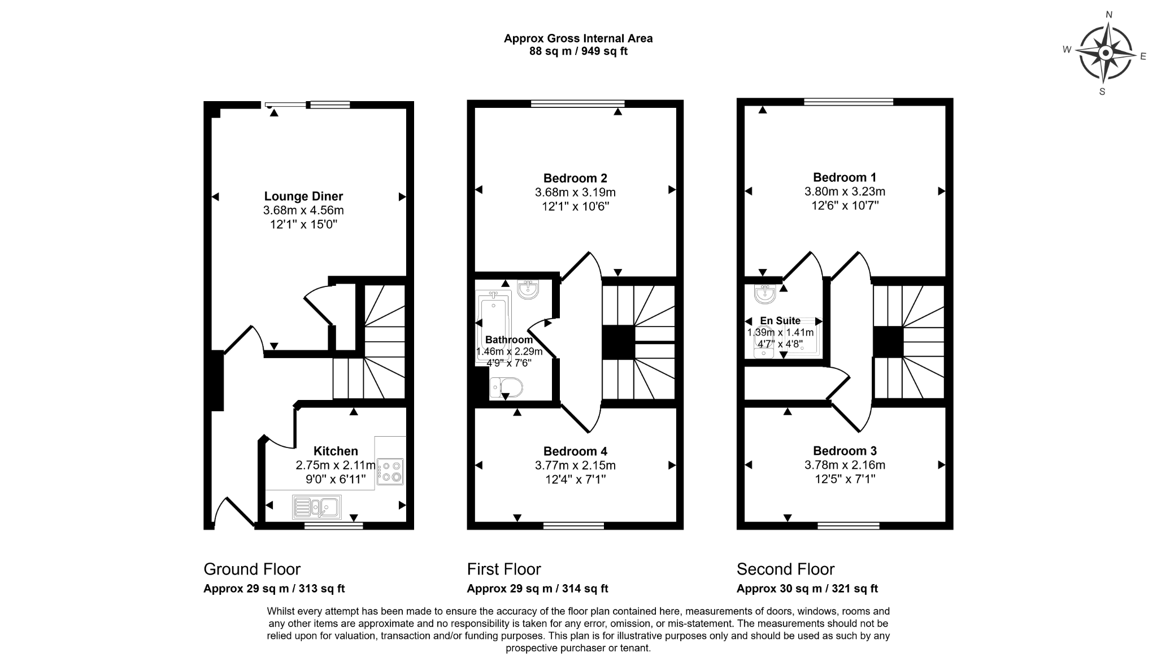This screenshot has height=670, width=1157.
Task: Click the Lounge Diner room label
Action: (303, 196)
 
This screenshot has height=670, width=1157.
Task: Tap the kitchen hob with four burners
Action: (390, 472)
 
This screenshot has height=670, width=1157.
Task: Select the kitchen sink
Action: (316, 507)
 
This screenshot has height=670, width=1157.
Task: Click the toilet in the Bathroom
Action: (506, 388)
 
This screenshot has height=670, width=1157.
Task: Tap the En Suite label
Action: (780, 320)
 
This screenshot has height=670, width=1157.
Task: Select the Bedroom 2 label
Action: (575, 179)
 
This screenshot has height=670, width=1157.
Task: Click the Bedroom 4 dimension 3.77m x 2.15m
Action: (575, 465)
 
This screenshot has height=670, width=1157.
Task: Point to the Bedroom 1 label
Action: (845, 177)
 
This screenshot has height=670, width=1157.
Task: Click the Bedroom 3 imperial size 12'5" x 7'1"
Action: (845, 479)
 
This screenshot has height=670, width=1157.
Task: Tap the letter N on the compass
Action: (1109, 15)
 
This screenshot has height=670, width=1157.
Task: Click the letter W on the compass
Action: (1067, 49)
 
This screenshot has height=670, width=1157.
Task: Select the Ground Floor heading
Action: (252, 569)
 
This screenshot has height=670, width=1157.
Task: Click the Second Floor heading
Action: (785, 569)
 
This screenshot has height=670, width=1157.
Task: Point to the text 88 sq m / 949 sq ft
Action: (578, 51)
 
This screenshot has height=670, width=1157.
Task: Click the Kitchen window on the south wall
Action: (333, 526)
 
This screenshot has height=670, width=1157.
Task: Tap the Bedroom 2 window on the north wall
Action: (578, 103)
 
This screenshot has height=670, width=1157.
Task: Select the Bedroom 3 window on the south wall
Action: (848, 526)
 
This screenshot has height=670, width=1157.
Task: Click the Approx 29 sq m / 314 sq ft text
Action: (537, 589)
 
